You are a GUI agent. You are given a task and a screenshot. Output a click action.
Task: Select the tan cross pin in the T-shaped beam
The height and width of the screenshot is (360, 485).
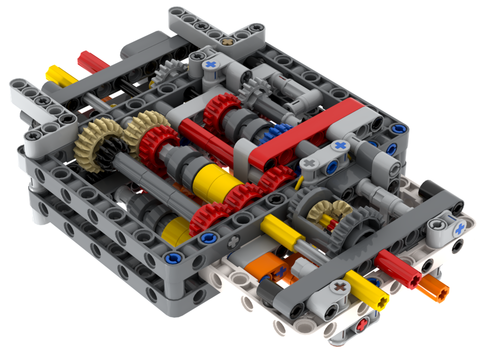(x=224, y=43)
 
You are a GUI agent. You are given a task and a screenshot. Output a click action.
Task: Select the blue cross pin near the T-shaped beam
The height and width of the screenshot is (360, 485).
(x=210, y=64)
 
